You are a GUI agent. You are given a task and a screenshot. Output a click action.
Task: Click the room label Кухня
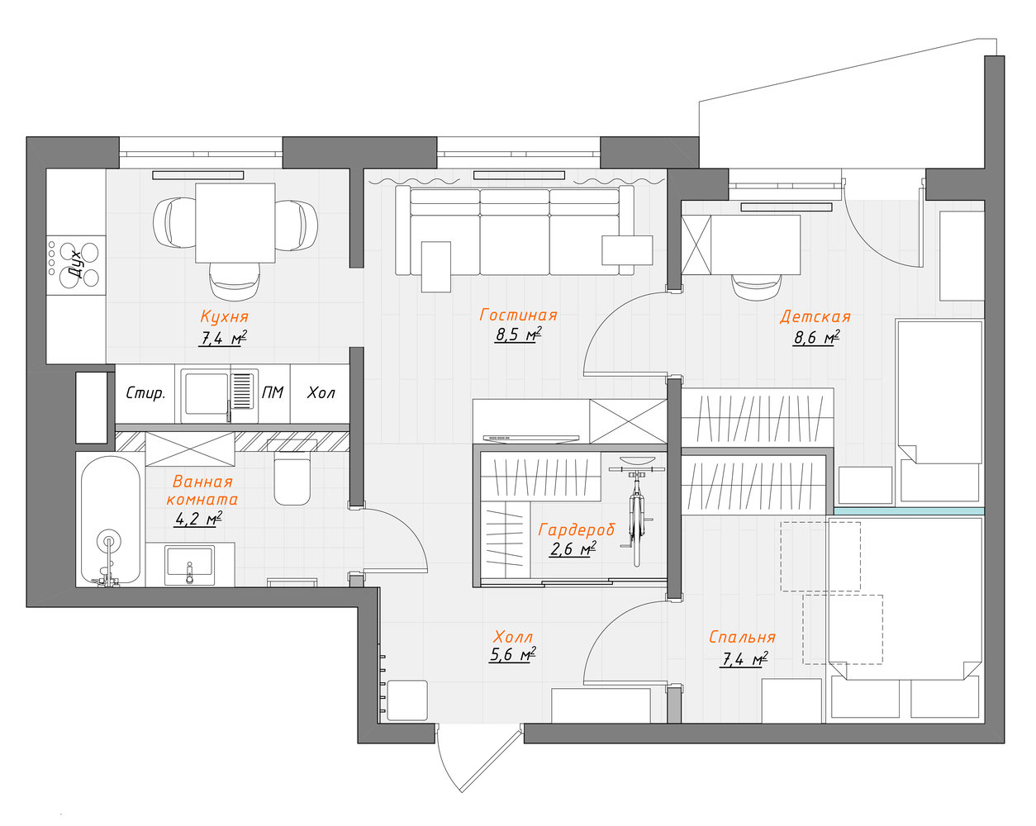coord(225,316)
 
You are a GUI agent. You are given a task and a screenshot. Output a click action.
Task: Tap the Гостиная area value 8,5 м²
coord(518,335)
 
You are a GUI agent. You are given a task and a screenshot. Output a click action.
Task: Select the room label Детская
coord(815,316)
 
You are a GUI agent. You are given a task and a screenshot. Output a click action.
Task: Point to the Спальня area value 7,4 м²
coord(744,659)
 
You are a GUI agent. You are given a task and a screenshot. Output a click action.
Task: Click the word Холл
coord(513,638)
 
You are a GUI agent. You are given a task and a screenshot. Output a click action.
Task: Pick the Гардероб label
coord(577,530)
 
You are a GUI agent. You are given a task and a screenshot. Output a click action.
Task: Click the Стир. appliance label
coord(145,393)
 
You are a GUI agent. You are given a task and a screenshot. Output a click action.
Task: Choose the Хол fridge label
coord(321,393)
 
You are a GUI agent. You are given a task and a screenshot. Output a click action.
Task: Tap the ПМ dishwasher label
coord(273,393)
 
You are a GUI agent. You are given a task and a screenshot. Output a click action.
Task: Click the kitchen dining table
coord(235,223)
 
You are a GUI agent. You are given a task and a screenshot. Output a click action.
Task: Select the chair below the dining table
coord(235,281)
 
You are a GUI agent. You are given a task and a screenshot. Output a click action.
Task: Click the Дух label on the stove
coord(77,263)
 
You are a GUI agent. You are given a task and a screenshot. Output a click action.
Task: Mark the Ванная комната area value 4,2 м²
coord(198,519)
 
